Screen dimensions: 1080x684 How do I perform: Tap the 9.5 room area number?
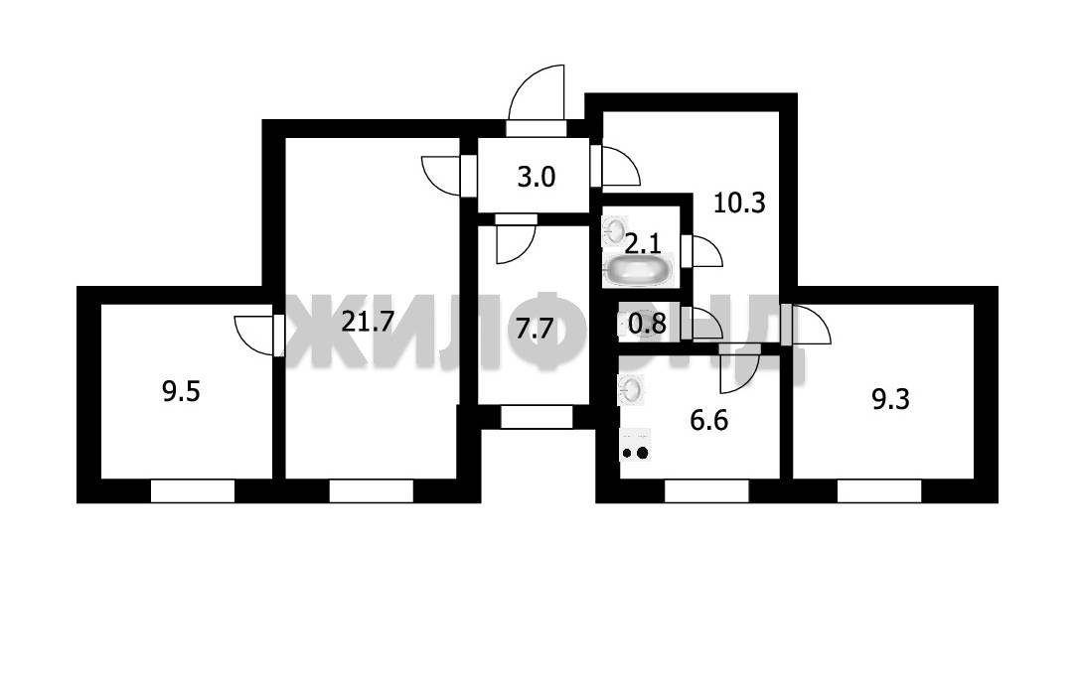pos(181,391)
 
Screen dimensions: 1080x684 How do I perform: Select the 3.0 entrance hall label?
pos(536,178)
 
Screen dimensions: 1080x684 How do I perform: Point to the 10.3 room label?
pos(739,203)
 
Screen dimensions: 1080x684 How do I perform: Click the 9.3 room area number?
pos(890,399)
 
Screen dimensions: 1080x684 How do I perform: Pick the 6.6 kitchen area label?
pos(708,420)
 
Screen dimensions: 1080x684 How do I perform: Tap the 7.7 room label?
pos(535,329)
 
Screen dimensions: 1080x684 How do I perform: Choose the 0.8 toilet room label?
pos(648,323)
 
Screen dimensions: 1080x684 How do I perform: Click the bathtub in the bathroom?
pos(637,270)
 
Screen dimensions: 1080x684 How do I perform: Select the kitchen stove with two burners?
pos(635,445)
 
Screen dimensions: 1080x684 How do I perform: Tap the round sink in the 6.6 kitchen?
pos(632,390)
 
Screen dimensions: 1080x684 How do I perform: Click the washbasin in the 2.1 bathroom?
pos(614,230)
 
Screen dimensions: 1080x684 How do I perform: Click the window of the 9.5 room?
pos(193,491)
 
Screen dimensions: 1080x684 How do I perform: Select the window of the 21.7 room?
pos(372,491)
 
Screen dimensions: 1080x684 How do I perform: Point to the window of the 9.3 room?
pos(879,491)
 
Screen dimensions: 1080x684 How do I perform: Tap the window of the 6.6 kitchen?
pos(706,491)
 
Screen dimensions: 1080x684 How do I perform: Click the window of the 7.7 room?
pos(537,417)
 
